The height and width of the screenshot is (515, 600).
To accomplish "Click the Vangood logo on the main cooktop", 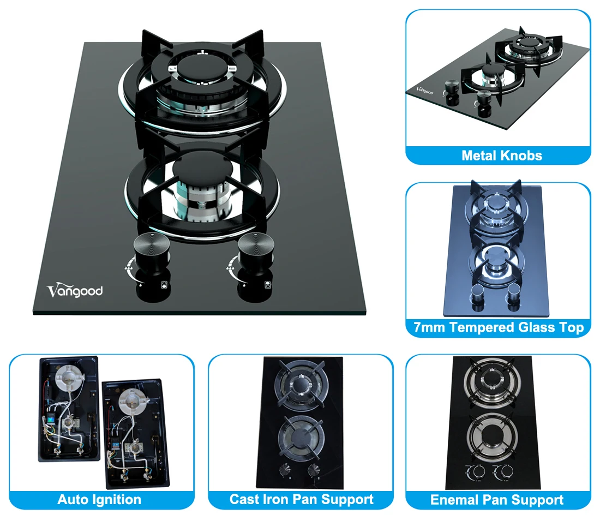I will point(75,290).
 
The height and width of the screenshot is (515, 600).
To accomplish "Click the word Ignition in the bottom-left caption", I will point(117,499).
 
